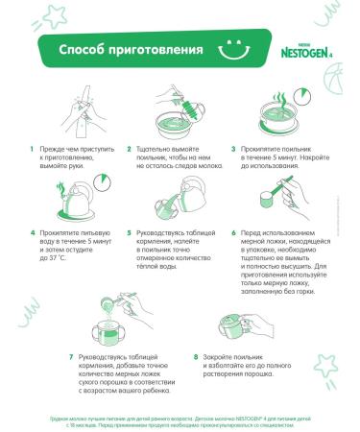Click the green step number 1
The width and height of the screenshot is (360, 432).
(32, 150)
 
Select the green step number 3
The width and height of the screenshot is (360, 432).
(233, 150)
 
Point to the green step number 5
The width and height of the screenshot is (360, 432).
(132, 233)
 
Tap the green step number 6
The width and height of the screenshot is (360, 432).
(233, 233)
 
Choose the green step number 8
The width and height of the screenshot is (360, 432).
(196, 355)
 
